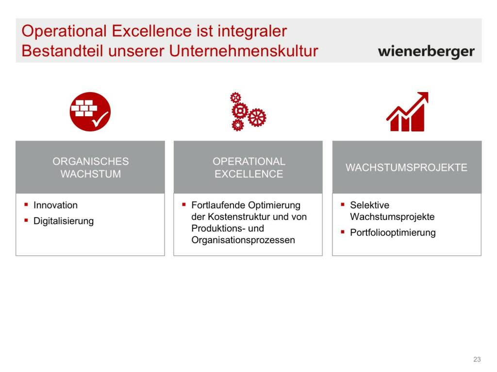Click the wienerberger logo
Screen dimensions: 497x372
click(426, 51)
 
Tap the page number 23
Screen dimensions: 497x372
click(477, 359)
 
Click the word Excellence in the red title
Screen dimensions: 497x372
click(151, 31)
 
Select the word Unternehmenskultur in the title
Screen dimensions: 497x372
click(244, 50)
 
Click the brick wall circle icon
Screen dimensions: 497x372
click(90, 112)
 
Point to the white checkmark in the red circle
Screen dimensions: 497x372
click(100, 119)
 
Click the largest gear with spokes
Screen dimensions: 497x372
click(257, 117)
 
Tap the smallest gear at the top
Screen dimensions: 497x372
click(235, 97)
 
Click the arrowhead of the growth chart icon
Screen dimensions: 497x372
click(423, 97)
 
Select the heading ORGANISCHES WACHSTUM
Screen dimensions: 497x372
click(91, 167)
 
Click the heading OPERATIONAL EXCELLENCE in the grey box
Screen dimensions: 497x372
click(249, 167)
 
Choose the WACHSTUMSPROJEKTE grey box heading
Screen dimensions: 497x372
click(406, 167)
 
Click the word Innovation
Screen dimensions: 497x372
click(55, 205)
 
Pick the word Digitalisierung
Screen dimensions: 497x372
click(64, 221)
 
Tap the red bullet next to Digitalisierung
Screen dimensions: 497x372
click(26, 220)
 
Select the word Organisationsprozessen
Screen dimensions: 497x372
click(243, 240)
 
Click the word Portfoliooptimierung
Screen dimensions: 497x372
click(393, 232)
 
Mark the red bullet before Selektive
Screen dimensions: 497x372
click(343, 204)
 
